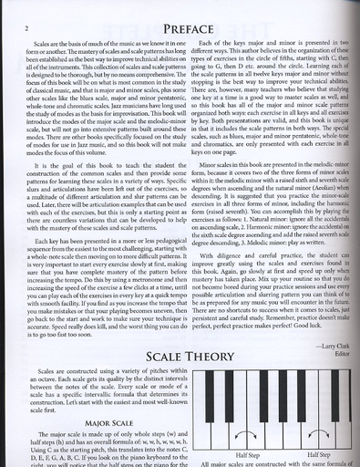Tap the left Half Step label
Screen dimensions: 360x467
point(246,453)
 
